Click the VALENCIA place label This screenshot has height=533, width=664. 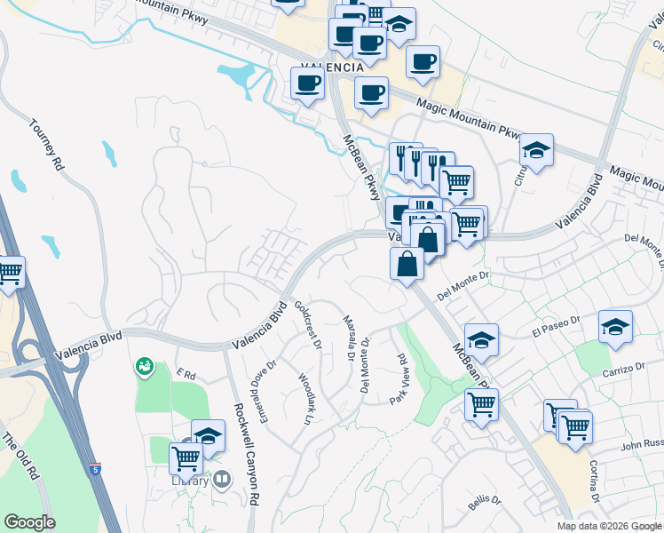[x=331, y=68]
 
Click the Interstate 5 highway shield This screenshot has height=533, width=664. [x=95, y=466]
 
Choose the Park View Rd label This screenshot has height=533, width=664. [x=399, y=381]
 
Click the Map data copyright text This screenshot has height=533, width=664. [x=610, y=526]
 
